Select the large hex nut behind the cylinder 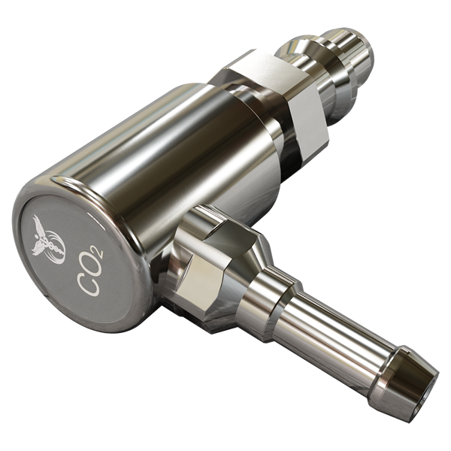click(x=276, y=104)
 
